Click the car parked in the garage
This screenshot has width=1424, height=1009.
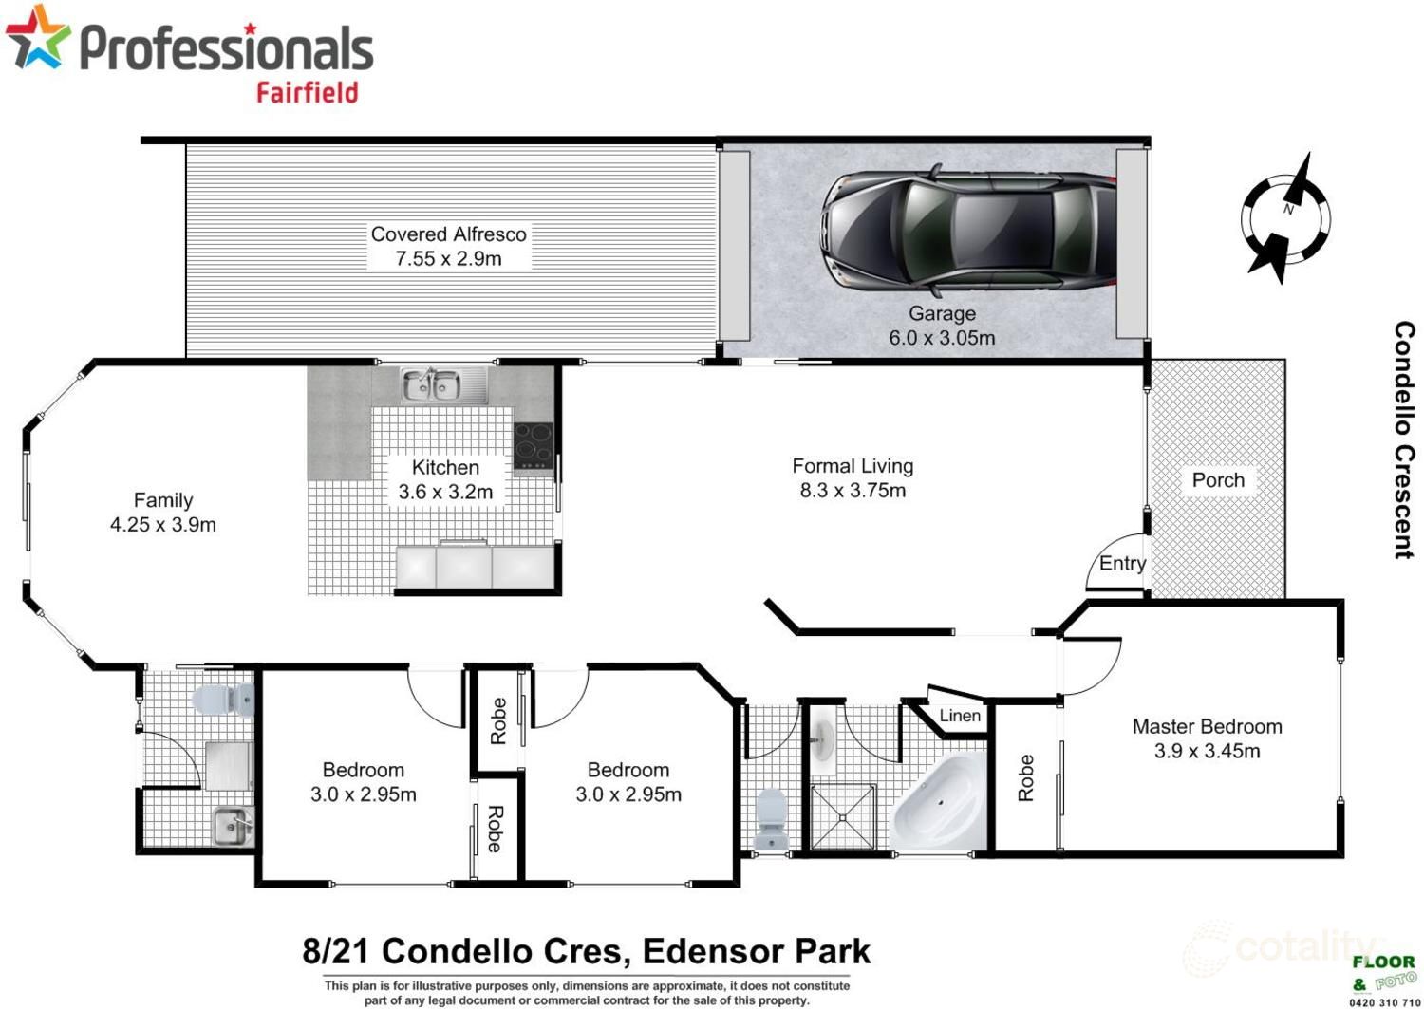tap(968, 230)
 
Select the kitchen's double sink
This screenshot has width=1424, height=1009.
tap(432, 385)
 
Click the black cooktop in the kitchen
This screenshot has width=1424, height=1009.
tap(533, 446)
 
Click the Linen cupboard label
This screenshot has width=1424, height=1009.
tap(960, 716)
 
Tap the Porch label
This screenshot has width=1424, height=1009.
tap(1218, 480)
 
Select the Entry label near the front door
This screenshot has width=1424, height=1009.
tap(1122, 564)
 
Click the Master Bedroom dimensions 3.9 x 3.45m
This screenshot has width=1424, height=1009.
tap(1207, 752)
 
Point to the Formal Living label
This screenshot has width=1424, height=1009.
tap(853, 466)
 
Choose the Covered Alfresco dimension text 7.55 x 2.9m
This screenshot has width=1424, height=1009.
tap(448, 259)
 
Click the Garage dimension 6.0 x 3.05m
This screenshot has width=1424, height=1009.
tap(942, 338)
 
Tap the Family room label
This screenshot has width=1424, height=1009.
tap(163, 500)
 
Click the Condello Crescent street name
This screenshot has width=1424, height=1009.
tap(1404, 439)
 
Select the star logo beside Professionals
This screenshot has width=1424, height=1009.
tap(38, 38)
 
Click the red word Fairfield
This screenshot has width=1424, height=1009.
tap(307, 92)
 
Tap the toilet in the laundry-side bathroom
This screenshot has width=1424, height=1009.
tap(223, 701)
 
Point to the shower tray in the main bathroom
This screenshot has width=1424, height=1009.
tap(843, 816)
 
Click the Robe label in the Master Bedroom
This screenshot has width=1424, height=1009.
tap(1025, 777)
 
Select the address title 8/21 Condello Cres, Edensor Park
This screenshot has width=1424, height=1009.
tap(586, 951)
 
